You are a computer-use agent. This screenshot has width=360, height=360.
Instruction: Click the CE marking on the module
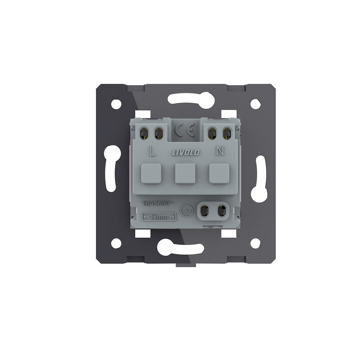coord(185,130)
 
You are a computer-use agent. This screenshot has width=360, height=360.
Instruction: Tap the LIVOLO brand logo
coord(186,152)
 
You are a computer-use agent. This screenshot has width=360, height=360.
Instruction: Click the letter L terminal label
coord(152,151)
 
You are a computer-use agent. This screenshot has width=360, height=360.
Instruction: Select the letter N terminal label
coord(220,151)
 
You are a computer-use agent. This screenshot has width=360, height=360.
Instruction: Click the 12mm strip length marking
coord(159,217)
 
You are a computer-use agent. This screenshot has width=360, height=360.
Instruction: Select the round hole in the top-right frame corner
coord(255,104)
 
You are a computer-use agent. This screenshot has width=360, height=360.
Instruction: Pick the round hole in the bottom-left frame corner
coord(116,243)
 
